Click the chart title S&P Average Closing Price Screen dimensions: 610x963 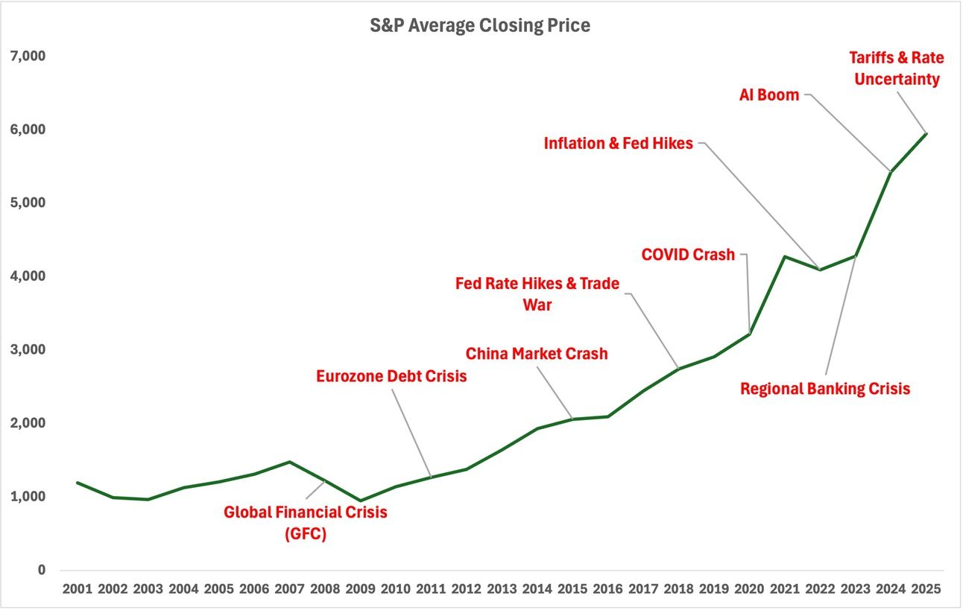tap(480, 25)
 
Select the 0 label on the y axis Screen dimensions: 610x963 tap(42, 571)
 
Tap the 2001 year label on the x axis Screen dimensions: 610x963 tap(78, 588)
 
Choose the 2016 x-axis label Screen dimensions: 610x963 tap(607, 588)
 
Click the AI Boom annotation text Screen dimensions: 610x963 tap(768, 95)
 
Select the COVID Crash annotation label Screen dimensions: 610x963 tap(688, 255)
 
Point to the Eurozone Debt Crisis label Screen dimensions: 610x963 tap(391, 376)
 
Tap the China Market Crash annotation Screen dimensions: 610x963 tap(537, 353)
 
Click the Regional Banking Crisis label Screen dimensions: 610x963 tap(825, 388)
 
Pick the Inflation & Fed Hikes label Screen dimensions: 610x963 tap(618, 143)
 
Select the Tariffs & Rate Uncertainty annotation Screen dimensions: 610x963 tap(897, 68)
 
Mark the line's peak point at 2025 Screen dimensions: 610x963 tap(926, 133)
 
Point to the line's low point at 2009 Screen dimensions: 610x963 tap(360, 501)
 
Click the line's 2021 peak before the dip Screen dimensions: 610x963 tap(784, 257)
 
